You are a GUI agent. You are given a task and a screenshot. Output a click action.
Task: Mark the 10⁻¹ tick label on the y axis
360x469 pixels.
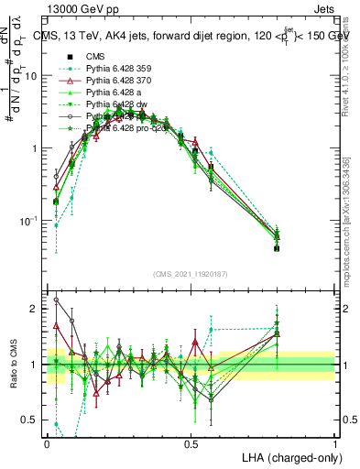(31, 221)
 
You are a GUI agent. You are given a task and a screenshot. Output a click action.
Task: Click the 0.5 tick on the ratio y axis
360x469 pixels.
(32, 420)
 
